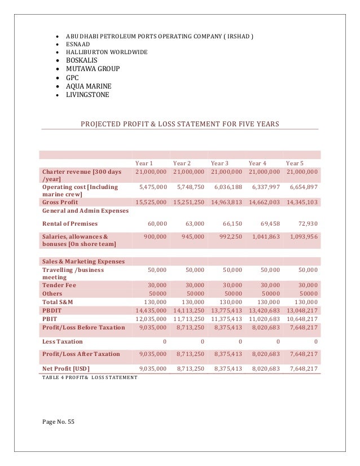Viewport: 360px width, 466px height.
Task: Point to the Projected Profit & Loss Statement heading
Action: [x=180, y=124]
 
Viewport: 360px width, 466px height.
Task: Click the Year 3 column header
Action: [x=219, y=163]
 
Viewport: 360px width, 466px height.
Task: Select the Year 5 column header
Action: [x=295, y=163]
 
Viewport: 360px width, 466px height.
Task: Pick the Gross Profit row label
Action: [x=60, y=201]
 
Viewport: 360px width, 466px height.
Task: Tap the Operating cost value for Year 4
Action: [x=264, y=187]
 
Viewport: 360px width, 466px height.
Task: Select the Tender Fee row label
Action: [x=59, y=285]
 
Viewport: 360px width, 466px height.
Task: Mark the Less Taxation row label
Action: [x=62, y=341]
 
